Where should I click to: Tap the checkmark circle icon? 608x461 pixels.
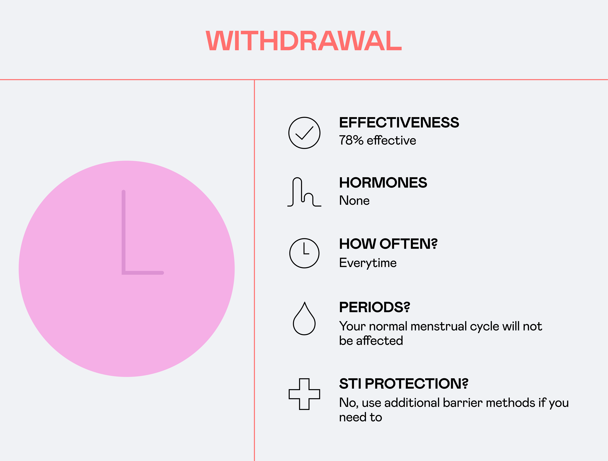(304, 133)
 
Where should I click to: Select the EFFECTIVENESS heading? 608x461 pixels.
(399, 122)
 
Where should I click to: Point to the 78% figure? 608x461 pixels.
(351, 140)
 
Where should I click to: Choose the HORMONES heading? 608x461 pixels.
(383, 183)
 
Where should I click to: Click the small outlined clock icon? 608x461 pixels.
(304, 253)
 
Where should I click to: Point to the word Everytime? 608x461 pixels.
(368, 263)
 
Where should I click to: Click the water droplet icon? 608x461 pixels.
(304, 319)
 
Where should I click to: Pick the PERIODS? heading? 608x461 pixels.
(374, 307)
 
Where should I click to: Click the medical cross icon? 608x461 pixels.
(304, 394)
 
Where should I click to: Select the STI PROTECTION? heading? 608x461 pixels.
(404, 384)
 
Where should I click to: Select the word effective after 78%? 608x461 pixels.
(391, 140)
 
